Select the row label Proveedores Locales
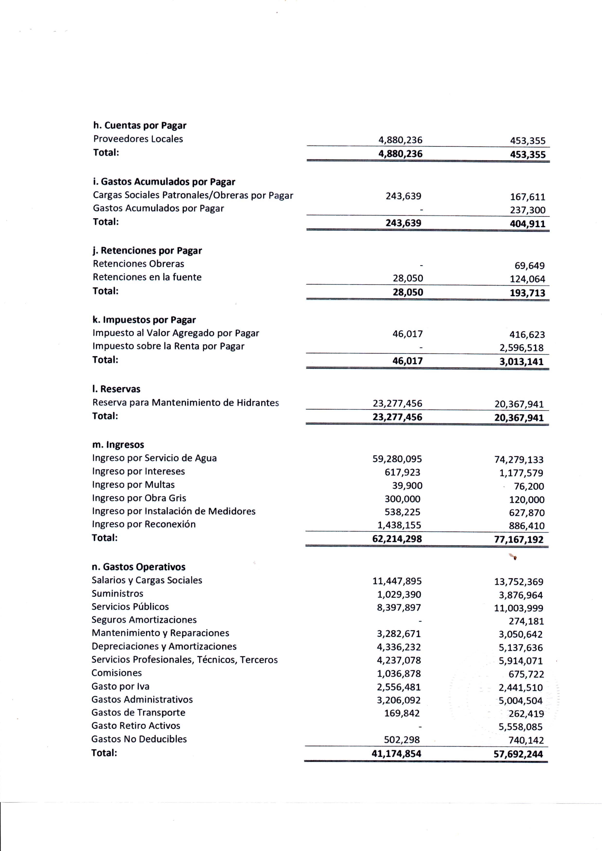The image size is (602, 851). (138, 139)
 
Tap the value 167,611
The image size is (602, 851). (527, 197)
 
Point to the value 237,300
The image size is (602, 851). (527, 210)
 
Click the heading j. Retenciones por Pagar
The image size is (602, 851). (147, 251)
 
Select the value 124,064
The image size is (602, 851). (527, 279)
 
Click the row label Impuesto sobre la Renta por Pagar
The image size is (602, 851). (168, 346)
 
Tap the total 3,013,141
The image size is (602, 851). (521, 362)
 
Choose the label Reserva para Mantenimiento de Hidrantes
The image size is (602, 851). (185, 403)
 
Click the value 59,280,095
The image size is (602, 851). (397, 459)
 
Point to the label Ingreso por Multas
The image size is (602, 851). (133, 485)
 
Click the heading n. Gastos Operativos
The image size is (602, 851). (138, 567)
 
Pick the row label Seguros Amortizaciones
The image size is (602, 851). (144, 620)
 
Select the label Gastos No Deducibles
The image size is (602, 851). (139, 739)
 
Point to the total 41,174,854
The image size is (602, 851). (397, 754)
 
